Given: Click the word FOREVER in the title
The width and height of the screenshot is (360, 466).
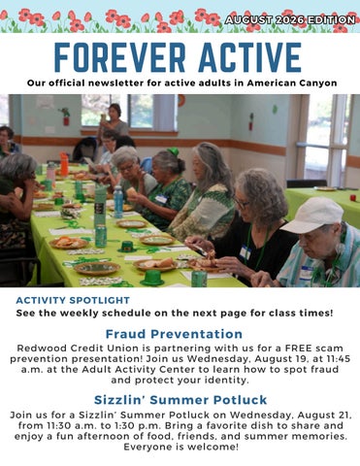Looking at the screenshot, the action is click(x=119, y=57).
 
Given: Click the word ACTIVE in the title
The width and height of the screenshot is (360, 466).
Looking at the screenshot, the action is click(x=249, y=57).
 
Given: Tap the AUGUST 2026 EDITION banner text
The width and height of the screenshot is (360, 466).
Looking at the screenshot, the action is click(x=290, y=20).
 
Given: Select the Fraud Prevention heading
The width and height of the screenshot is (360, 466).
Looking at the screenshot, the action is click(x=174, y=334).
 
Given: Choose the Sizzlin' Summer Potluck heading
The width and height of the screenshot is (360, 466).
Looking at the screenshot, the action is click(x=180, y=400).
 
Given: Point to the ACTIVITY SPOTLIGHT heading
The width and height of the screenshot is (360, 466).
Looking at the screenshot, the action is click(x=73, y=300).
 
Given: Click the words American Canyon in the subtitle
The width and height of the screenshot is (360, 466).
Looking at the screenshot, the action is click(x=292, y=83).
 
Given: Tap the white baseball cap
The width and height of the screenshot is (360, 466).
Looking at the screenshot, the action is click(x=313, y=215).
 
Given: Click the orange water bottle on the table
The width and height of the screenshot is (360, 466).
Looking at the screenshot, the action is click(x=64, y=164).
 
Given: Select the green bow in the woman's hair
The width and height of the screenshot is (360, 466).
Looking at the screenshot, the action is click(x=174, y=150).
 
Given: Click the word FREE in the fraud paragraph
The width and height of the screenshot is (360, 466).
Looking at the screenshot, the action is click(x=298, y=349).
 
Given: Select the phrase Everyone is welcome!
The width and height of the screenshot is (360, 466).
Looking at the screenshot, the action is click(x=181, y=448).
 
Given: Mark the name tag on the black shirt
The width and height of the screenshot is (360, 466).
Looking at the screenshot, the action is click(x=245, y=252).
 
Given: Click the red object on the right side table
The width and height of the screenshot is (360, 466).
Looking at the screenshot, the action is click(x=353, y=197).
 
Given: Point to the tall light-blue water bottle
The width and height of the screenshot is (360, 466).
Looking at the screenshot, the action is click(x=118, y=201).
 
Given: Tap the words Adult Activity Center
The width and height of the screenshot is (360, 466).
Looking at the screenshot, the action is click(x=138, y=369).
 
